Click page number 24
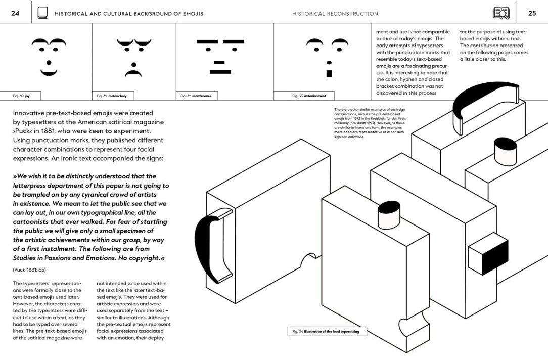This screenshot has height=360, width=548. [x=15, y=13]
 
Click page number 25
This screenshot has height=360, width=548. [x=532, y=13]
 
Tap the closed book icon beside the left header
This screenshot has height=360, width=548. [x=43, y=13]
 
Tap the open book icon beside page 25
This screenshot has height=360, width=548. [x=501, y=13]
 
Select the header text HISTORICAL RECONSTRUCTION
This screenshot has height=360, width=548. [x=335, y=14]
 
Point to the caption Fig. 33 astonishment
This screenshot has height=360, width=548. [x=309, y=95]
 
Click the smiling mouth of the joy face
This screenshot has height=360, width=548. [x=49, y=73]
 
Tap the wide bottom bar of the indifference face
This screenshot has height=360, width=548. [x=220, y=72]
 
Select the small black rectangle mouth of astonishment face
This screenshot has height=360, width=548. [x=329, y=74]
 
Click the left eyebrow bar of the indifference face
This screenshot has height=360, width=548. [x=207, y=41]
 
